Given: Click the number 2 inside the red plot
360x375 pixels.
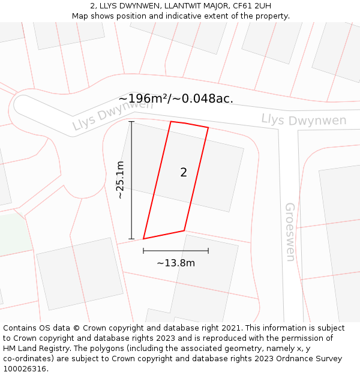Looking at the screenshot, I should pyautogui.click(x=184, y=173).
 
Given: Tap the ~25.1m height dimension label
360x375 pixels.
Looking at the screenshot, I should pyautogui.click(x=120, y=180).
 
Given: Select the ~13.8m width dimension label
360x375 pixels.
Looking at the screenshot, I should pyautogui.click(x=176, y=263).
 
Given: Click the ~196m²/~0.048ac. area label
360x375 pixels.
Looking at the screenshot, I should pyautogui.click(x=176, y=99).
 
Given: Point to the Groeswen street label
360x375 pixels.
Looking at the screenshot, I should pyautogui.click(x=290, y=232).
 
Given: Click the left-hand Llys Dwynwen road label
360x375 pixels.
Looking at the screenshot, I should pyautogui.click(x=112, y=115).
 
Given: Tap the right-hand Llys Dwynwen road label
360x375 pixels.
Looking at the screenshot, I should pyautogui.click(x=304, y=120).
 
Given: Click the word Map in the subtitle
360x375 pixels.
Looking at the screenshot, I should pyautogui.click(x=81, y=16).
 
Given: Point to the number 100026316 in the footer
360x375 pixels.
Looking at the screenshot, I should pyautogui.click(x=25, y=369).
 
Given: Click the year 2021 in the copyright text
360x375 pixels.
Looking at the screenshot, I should pyautogui.click(x=227, y=328).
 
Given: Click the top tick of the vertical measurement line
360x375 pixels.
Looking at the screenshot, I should pyautogui.click(x=131, y=122).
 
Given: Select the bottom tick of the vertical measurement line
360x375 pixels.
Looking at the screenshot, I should pyautogui.click(x=131, y=239).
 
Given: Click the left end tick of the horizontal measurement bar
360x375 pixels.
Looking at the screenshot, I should pyautogui.click(x=143, y=251).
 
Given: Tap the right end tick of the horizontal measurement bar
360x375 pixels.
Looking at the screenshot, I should pyautogui.click(x=208, y=251).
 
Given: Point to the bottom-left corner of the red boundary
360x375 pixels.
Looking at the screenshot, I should pyautogui.click(x=143, y=239).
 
